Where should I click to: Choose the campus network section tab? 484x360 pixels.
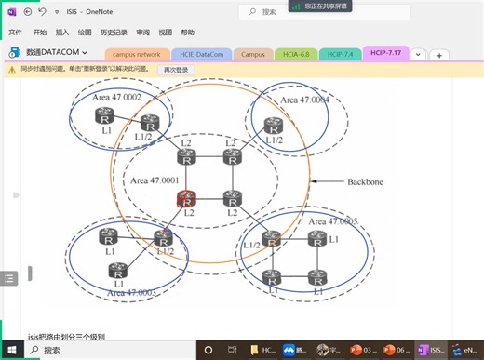click(x=137, y=54)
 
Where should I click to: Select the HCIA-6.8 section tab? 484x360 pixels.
click(x=297, y=54)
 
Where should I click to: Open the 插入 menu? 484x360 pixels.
click(x=62, y=32)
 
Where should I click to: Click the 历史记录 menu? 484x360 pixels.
click(x=114, y=32)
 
